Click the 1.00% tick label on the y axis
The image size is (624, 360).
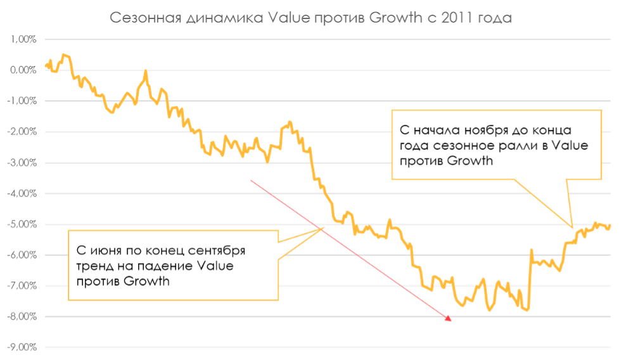(23, 39)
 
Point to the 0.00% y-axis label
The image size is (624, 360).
(23, 70)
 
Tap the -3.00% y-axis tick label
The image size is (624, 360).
(22, 163)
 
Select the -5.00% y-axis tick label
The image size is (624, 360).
(22, 224)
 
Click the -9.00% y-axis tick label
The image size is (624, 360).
(22, 348)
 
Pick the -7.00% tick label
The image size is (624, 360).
(22, 286)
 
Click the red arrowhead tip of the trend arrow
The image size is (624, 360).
(450, 320)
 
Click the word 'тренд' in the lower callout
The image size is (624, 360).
(96, 266)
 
